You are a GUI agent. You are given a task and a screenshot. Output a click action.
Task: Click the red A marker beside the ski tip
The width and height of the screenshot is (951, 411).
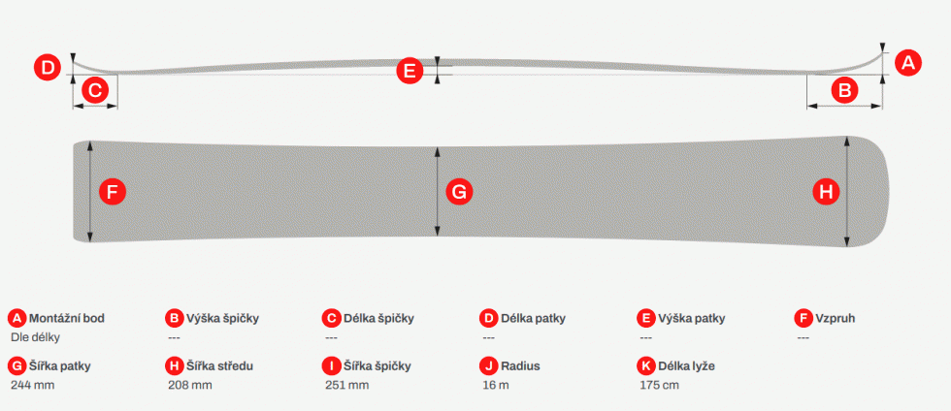(907, 63)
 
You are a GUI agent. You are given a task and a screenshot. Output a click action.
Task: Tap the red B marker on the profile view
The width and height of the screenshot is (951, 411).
(845, 91)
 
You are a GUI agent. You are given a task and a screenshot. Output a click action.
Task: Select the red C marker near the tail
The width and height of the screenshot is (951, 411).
(95, 91)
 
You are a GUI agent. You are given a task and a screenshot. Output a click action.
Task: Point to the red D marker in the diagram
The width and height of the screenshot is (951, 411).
(48, 67)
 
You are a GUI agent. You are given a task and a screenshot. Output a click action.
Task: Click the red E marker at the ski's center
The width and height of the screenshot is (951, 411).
(410, 71)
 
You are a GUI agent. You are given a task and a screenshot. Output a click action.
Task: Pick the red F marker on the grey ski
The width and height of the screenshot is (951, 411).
(113, 193)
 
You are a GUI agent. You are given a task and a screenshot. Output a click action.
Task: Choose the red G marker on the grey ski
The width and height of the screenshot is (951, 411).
(459, 193)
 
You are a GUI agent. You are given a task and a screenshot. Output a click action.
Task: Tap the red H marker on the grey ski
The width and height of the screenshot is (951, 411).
(826, 193)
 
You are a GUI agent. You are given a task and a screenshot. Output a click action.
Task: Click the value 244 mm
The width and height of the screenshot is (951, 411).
(33, 385)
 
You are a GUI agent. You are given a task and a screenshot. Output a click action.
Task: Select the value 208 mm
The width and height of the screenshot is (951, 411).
(190, 385)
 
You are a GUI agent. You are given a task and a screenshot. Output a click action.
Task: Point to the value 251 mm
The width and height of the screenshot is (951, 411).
(347, 385)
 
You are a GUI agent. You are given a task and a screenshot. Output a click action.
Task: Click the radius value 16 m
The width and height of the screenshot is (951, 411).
(496, 385)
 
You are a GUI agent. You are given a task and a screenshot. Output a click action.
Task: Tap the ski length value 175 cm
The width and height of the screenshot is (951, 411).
(659, 385)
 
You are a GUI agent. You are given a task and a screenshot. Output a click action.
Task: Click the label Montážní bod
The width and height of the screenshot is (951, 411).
(71, 318)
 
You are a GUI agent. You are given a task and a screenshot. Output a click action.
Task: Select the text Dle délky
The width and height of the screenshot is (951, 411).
(35, 337)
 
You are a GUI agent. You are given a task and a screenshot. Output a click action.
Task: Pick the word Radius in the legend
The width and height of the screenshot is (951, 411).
(520, 366)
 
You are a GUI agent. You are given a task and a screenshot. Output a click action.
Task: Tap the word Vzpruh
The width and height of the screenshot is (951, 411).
(836, 318)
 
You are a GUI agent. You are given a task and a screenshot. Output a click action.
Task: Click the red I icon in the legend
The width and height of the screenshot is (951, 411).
(332, 366)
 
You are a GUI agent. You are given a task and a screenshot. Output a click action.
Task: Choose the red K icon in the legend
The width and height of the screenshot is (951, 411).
(646, 366)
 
